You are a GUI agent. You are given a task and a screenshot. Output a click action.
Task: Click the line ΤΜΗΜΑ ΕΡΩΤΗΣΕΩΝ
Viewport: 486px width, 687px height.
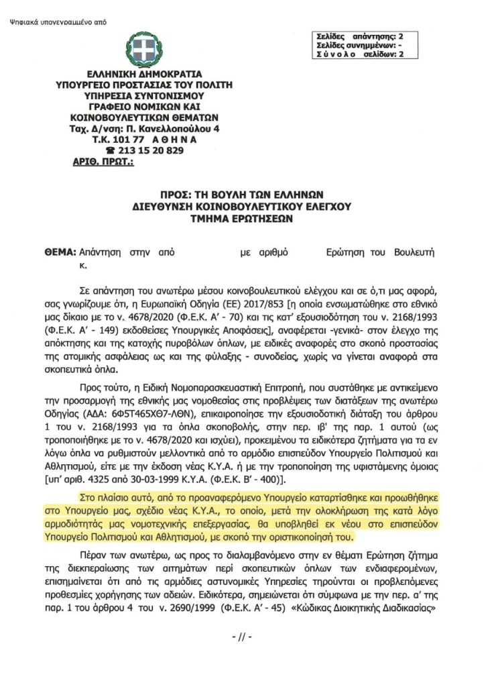242,217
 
